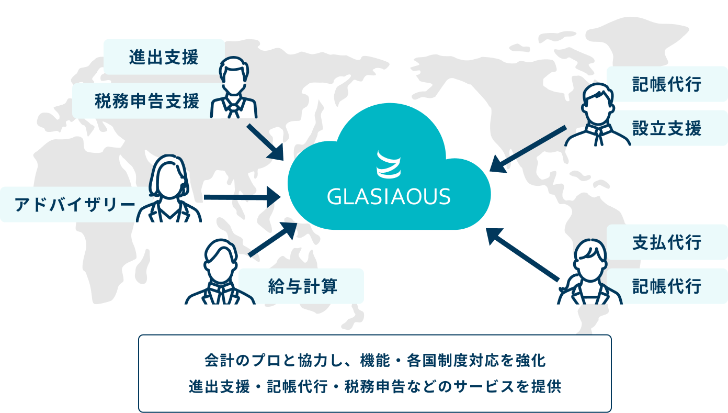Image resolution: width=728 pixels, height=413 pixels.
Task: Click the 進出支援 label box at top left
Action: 164,57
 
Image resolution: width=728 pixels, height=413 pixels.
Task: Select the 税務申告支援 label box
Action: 147,101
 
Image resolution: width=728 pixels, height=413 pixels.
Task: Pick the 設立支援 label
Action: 667,128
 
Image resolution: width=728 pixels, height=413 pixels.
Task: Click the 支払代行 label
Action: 667,242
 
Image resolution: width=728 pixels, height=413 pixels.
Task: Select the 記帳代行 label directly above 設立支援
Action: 667,84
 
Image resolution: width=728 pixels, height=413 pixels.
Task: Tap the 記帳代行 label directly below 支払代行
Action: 667,286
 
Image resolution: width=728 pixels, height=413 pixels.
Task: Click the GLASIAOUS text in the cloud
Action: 389,196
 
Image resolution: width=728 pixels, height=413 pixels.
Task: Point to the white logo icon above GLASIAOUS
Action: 389,164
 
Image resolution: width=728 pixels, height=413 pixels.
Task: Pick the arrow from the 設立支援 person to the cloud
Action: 528,149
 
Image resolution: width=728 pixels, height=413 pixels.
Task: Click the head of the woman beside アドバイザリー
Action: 168,175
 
